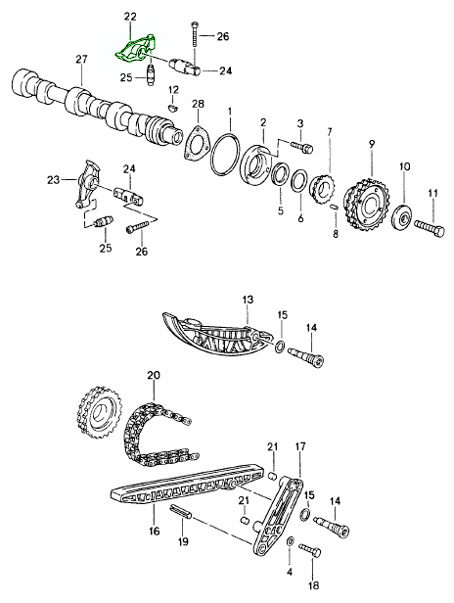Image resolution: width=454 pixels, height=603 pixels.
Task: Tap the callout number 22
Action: [131, 17]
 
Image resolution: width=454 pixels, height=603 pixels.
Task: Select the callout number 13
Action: [248, 299]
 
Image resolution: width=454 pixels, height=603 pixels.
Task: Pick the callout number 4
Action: [290, 569]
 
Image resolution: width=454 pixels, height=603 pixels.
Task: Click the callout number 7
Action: [330, 132]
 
